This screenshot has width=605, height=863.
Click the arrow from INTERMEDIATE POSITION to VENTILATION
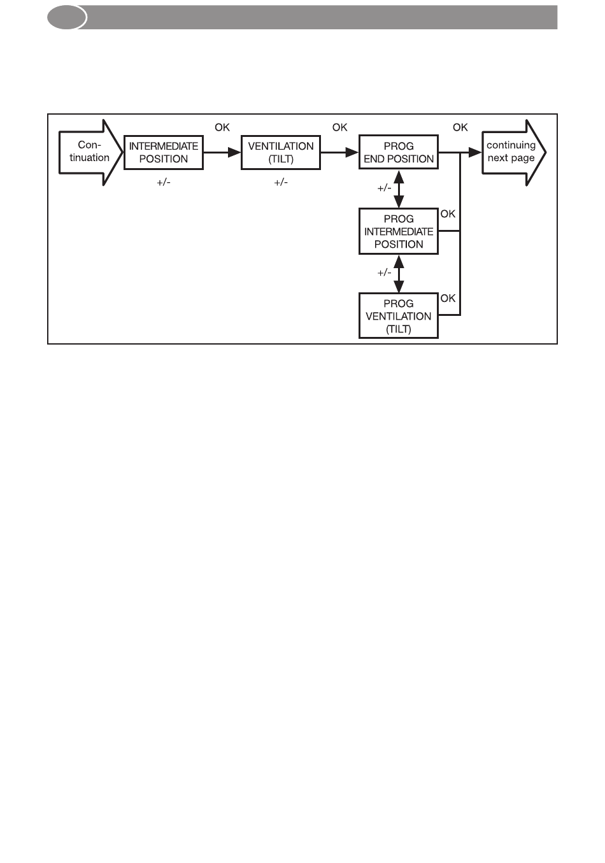pos(222,153)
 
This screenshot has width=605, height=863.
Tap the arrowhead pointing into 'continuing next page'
pos(475,153)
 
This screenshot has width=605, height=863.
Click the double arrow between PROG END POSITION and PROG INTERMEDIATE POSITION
pos(399,189)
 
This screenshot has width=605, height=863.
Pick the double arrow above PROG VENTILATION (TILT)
pos(399,274)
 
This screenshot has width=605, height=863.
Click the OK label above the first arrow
pos(222,127)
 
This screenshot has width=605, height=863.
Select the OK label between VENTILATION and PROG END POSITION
pos(340,127)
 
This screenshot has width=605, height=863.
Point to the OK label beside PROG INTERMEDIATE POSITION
pos(448,214)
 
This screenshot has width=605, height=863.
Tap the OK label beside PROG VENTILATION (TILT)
pos(448,298)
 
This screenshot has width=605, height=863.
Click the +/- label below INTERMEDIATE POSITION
pos(164,182)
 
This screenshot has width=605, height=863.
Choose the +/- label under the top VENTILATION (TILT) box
pos(281,182)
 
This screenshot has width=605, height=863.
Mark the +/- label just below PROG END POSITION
pos(384,188)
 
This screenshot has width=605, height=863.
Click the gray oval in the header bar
pos(67,17)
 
